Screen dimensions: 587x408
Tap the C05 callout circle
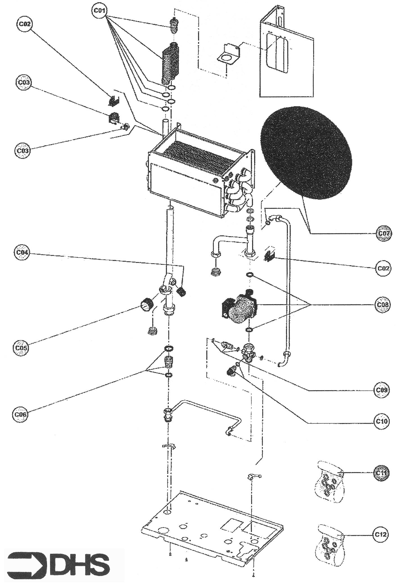tap(21, 348)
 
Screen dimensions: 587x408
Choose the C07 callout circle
tap(383, 233)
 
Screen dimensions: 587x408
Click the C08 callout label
tap(382, 305)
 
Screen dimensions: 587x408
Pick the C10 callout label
tap(382, 421)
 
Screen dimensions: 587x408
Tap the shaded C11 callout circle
tap(381, 473)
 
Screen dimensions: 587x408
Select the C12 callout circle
tap(381, 535)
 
